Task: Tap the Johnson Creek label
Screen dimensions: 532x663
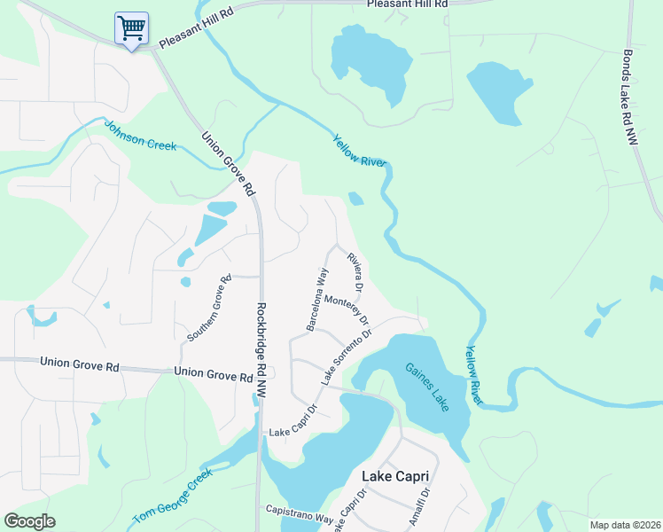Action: pos(140,137)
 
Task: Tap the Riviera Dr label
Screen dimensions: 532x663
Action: pos(353,271)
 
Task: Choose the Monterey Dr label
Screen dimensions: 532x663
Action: pos(347,309)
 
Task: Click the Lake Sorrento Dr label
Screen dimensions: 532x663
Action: pos(344,356)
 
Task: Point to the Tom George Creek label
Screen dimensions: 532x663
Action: pos(173,497)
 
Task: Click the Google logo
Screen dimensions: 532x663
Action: pos(30,520)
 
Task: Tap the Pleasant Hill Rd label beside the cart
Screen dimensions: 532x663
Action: pos(194,36)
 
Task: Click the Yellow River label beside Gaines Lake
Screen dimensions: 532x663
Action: pos(475,376)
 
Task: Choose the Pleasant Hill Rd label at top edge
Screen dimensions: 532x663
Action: pos(408,4)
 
